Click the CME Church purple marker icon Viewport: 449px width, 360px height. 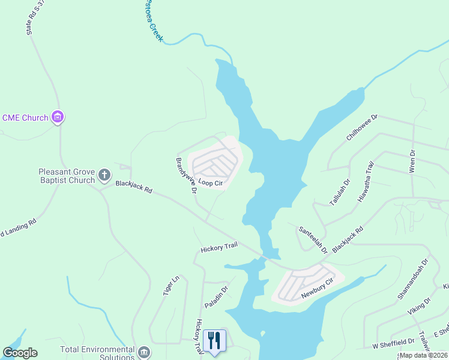click(58, 117)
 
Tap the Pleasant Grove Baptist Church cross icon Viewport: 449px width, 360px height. click(104, 175)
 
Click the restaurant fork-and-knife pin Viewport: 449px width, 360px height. click(214, 341)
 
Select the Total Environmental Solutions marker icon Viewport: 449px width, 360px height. click(143, 352)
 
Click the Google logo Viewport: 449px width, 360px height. click(20, 353)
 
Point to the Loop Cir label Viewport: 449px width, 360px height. click(210, 182)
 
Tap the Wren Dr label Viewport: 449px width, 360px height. click(412, 161)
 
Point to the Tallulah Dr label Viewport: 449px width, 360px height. click(339, 192)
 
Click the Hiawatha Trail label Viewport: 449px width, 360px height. click(366, 181)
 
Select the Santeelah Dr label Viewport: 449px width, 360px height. click(313, 239)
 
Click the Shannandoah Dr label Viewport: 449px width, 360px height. click(413, 279)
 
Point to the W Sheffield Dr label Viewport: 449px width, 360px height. click(393, 341)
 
